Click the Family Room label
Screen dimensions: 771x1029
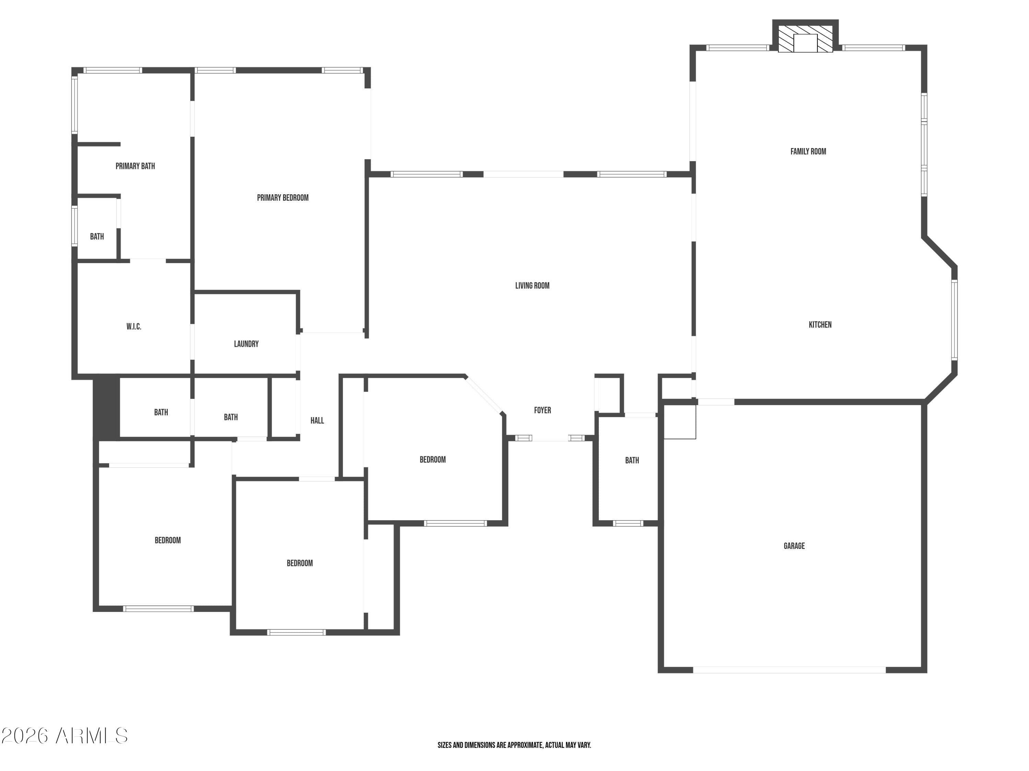coord(808,151)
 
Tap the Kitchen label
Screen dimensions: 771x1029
coord(820,325)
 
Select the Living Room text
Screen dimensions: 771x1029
coord(532,286)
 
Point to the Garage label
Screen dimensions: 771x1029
coord(794,546)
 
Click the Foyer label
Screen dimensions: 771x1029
coord(542,411)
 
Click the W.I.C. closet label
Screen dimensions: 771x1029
coord(133,327)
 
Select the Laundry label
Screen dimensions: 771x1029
coord(246,344)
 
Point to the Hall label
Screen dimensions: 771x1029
coord(317,420)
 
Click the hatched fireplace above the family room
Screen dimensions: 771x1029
coord(805,39)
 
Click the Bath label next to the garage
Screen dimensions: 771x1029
coord(632,461)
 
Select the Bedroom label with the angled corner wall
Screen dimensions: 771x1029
coord(433,460)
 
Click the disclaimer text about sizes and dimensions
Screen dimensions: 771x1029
coord(514,745)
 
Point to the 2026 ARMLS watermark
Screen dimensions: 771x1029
coord(65,736)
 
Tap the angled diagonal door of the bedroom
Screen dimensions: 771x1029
coord(484,394)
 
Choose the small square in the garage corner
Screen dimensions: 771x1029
coord(679,421)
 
